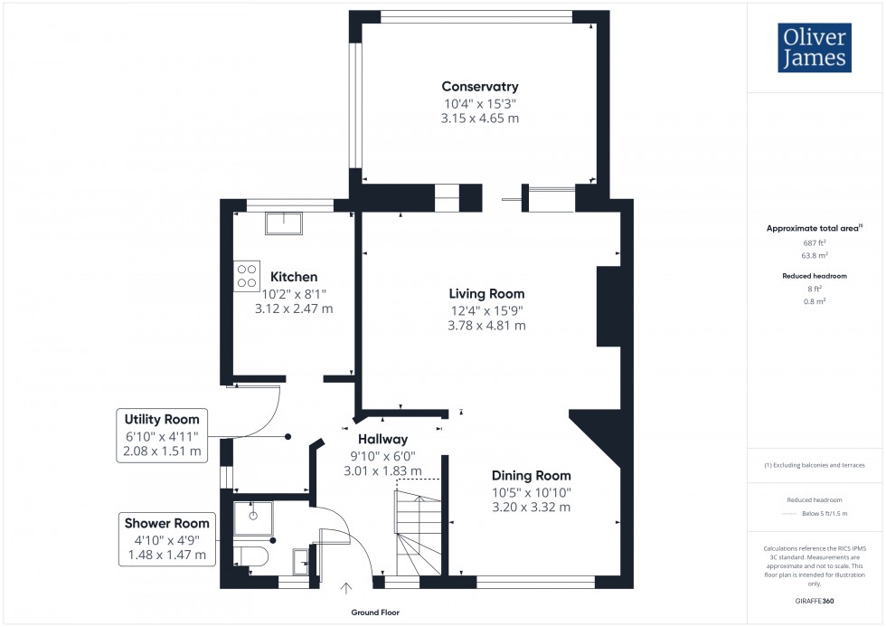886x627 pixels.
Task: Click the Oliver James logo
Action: (x=814, y=47)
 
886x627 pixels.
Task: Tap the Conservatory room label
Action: (x=479, y=87)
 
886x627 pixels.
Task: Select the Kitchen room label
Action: (x=294, y=277)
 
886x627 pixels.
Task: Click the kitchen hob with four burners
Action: (x=247, y=276)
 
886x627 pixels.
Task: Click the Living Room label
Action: (x=486, y=294)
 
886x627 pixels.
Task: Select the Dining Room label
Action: (x=531, y=475)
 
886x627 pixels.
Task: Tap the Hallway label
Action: (x=384, y=439)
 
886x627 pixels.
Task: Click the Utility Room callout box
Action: (x=163, y=435)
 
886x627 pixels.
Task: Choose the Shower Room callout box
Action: (x=166, y=538)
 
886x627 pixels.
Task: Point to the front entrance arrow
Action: (x=346, y=589)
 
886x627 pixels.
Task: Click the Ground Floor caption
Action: (x=375, y=613)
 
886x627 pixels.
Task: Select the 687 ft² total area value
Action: (x=815, y=243)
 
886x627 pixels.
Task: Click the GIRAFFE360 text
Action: (x=815, y=601)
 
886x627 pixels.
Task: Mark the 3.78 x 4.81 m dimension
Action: (x=486, y=326)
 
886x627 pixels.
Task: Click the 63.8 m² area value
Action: (x=815, y=255)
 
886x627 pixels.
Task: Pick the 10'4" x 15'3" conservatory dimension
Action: (x=479, y=103)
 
